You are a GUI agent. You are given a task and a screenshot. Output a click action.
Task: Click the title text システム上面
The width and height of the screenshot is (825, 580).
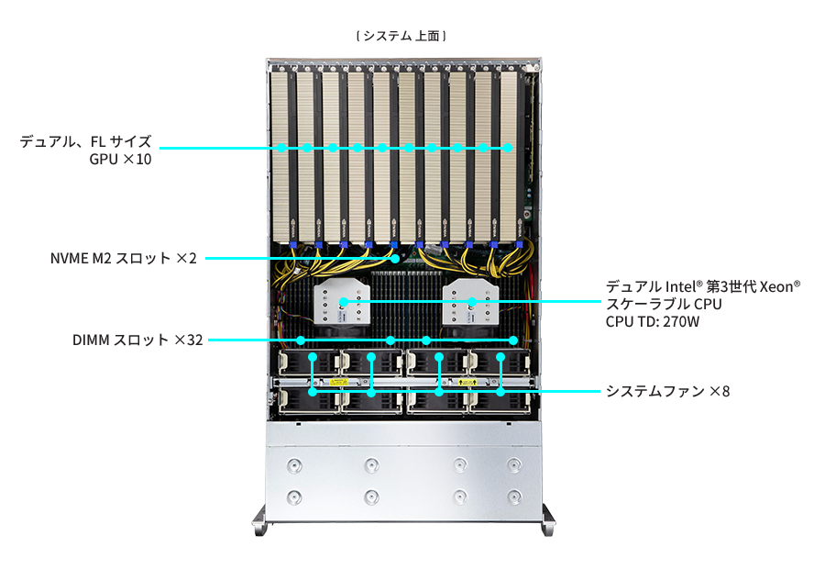click(401, 36)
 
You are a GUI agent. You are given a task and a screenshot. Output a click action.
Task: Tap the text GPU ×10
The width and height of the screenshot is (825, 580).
click(120, 159)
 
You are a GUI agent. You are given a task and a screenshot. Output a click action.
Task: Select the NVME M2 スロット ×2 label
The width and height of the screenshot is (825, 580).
click(124, 258)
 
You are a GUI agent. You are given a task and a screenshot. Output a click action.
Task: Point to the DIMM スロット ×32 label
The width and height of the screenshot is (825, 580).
click(138, 340)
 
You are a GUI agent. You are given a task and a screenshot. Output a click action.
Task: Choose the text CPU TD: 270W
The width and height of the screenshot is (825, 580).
click(653, 321)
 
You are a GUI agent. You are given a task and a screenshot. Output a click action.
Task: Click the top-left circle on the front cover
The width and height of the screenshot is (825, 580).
click(293, 466)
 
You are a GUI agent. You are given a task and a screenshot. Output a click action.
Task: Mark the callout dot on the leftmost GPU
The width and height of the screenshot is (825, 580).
click(282, 147)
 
